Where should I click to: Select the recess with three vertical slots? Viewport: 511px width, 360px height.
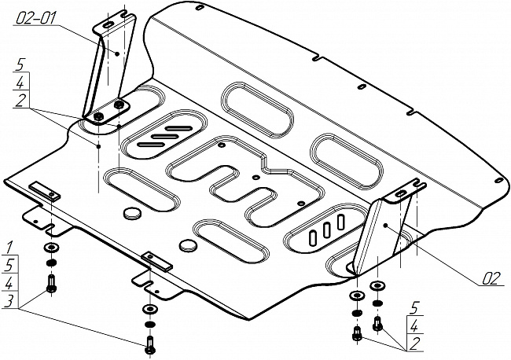point(322,230)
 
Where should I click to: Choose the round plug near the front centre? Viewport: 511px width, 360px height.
point(188,246)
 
